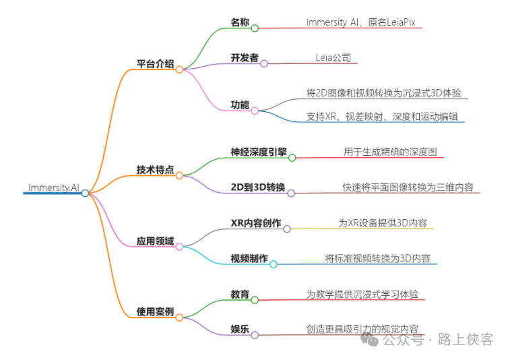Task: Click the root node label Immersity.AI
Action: click(x=53, y=187)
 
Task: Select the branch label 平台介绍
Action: click(x=155, y=65)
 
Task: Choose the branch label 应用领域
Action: click(x=155, y=241)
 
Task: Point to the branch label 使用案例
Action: click(x=155, y=311)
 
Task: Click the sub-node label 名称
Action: click(x=240, y=23)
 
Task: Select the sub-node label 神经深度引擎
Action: click(x=258, y=152)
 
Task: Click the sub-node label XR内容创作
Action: click(x=255, y=222)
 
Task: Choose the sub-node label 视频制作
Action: click(x=249, y=258)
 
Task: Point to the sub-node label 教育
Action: click(x=240, y=294)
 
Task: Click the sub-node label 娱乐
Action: click(x=240, y=329)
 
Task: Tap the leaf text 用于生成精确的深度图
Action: click(x=389, y=152)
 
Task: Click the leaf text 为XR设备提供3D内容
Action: click(x=382, y=222)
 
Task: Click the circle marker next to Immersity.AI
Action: click(x=85, y=193)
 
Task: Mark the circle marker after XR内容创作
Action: click(x=287, y=229)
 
